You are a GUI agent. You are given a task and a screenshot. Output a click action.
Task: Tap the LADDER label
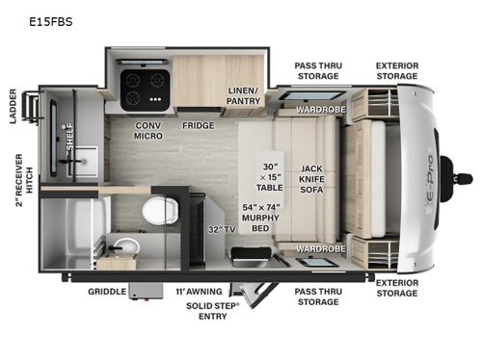click(13, 107)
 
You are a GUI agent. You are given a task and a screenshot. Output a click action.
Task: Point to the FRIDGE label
click(198, 125)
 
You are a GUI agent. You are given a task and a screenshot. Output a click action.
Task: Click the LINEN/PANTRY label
click(245, 94)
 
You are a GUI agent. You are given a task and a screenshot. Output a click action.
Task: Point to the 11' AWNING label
click(200, 291)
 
